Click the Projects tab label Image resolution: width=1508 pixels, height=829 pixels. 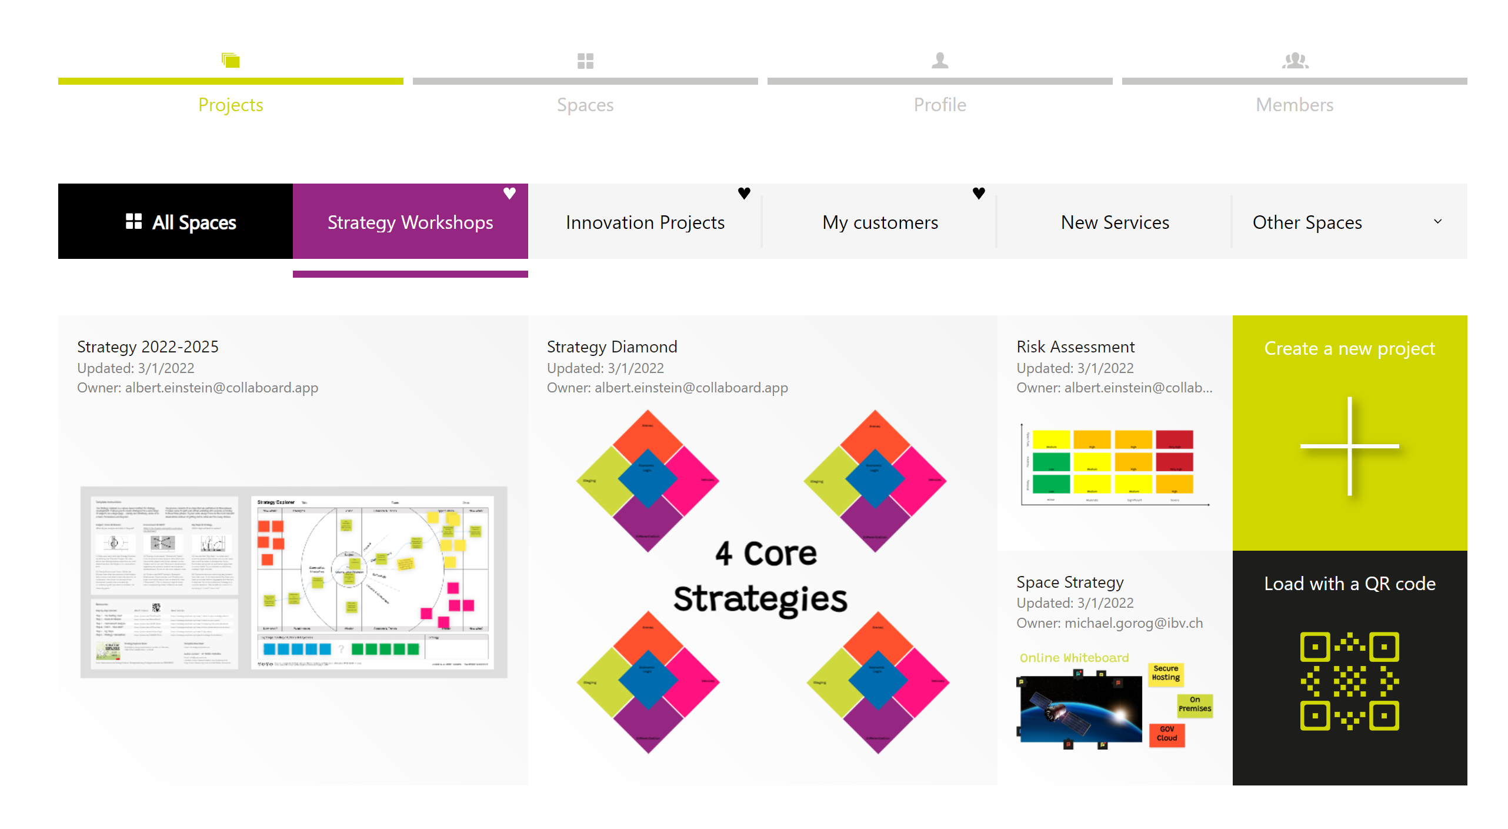point(230,105)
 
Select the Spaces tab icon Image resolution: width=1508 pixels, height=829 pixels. point(585,61)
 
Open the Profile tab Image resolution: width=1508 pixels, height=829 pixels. point(939,104)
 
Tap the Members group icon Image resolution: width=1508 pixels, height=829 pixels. point(1295,61)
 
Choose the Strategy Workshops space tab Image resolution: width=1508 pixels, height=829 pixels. point(410,222)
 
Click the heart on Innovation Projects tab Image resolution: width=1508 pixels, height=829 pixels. point(743,193)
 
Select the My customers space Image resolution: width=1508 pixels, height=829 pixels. point(880,222)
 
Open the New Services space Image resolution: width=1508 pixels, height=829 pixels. point(1115,222)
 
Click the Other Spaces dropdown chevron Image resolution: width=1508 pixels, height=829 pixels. point(1437,222)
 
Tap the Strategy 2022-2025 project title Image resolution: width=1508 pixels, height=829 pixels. point(148,347)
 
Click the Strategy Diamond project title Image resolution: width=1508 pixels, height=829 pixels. point(612,347)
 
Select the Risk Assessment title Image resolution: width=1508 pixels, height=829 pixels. point(1075,347)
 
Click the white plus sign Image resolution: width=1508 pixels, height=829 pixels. point(1349,447)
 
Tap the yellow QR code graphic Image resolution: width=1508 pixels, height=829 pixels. point(1349,681)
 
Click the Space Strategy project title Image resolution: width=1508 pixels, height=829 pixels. point(1069,582)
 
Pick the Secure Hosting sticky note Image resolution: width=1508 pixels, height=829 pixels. point(1166,674)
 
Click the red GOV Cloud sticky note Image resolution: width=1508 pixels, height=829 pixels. point(1167,734)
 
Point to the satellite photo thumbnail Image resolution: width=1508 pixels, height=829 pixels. point(1080,709)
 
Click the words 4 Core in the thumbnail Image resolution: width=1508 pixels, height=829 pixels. point(766,554)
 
